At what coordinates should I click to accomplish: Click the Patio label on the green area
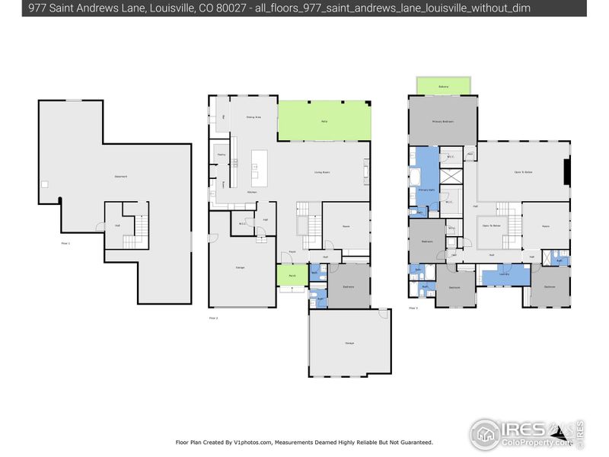pos(324,121)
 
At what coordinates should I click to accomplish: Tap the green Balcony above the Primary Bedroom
pos(443,87)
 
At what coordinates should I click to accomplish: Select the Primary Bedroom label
pos(443,121)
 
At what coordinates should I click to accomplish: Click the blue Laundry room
pos(504,274)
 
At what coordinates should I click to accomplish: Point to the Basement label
pos(120,177)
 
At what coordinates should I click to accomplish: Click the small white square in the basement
pos(45,184)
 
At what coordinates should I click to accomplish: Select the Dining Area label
pos(253,117)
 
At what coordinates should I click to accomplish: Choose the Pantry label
pos(221,155)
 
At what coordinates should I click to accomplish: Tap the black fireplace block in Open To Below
pos(566,172)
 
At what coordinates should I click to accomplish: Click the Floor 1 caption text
pos(65,243)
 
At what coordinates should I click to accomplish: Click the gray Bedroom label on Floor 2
pos(347,286)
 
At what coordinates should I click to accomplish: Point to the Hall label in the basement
pos(117,225)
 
